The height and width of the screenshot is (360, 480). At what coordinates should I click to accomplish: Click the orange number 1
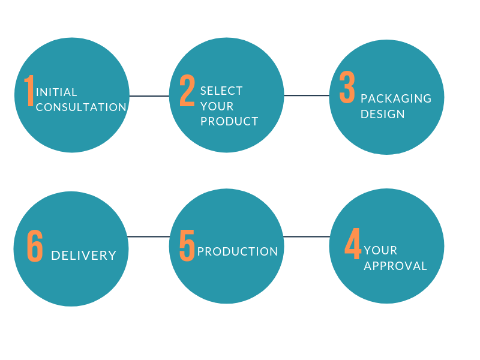coord(29,91)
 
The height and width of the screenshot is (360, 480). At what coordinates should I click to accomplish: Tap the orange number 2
coord(187,91)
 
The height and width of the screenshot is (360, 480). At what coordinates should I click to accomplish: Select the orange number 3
coord(347,87)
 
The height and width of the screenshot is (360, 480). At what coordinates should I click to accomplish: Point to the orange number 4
coord(353,244)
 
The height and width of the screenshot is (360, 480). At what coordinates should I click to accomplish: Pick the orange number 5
coord(187,245)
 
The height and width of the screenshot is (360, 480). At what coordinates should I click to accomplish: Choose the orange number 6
coord(35,246)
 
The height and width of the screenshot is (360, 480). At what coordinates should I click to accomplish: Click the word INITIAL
coord(56,92)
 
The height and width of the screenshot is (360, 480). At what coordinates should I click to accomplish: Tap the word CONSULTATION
coord(81,107)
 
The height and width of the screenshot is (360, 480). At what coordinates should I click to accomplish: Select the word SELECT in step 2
coord(221,91)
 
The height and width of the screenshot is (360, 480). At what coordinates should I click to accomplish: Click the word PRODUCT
coord(229,122)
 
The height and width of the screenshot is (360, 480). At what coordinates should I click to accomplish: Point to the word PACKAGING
coord(396,98)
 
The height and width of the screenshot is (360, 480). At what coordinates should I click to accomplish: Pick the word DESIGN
coord(382,114)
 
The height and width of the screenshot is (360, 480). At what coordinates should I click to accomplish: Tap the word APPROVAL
coord(395,266)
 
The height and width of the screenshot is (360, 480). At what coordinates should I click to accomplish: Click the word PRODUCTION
coord(238,251)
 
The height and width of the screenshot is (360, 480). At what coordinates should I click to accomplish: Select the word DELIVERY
coord(84,256)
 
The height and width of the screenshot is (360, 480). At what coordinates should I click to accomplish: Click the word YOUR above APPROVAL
coord(380,250)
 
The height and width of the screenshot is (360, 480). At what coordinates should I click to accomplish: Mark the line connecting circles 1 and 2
coord(149,96)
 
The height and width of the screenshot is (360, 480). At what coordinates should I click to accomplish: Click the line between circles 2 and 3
coord(307,95)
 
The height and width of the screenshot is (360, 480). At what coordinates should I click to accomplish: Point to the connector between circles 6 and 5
coord(148,236)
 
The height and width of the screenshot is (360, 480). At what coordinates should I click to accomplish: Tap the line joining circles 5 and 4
coord(307,236)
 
